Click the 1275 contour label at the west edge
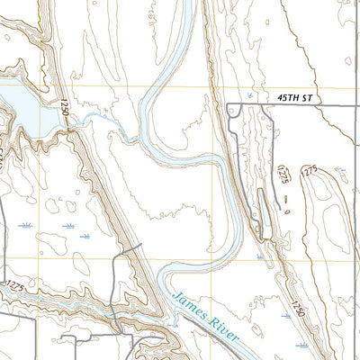pyautogui.click(x=13, y=286)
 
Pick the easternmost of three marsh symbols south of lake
pyautogui.click(x=85, y=236)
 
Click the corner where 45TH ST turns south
pyautogui.click(x=230, y=106)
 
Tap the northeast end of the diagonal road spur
pyautogui.click(x=141, y=245)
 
